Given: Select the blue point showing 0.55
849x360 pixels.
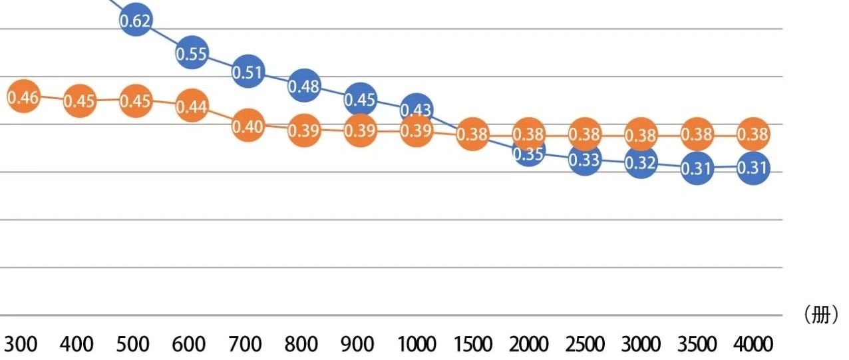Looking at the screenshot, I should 192,54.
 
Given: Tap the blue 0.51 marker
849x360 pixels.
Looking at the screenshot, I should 248,71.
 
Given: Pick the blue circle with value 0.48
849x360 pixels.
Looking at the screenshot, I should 304,86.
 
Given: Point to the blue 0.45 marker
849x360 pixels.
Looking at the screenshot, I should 360,100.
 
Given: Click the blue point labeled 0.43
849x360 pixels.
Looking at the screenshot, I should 417,109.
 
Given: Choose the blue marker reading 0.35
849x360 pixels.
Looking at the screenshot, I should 529,154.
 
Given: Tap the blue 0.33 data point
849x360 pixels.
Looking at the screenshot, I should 585,160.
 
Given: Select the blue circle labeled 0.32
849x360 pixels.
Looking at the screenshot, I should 641,162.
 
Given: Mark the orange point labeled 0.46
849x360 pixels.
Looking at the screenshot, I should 23,98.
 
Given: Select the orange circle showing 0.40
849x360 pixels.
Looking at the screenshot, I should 248,126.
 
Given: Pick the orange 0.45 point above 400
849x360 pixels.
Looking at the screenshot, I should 80,100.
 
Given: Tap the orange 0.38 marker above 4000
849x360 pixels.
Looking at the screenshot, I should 753,135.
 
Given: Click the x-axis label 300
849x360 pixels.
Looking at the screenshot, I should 21,344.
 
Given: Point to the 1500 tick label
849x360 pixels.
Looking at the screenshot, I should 472,344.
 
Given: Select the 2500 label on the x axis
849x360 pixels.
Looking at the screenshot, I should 585,344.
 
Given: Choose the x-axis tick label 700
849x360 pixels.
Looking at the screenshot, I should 246,344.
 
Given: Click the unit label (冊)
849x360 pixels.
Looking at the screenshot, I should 821,315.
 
